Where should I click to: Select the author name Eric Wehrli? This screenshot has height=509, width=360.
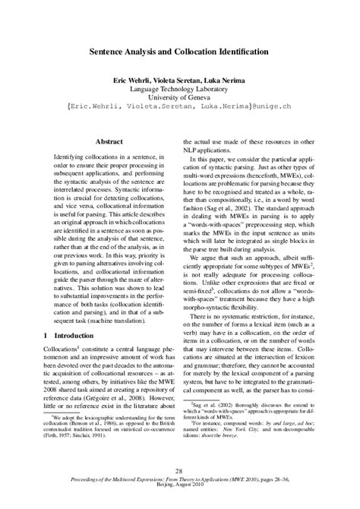tap(137, 79)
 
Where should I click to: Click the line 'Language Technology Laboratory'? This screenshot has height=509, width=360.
tap(179, 88)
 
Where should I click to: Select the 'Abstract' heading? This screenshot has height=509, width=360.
tap(109, 141)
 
